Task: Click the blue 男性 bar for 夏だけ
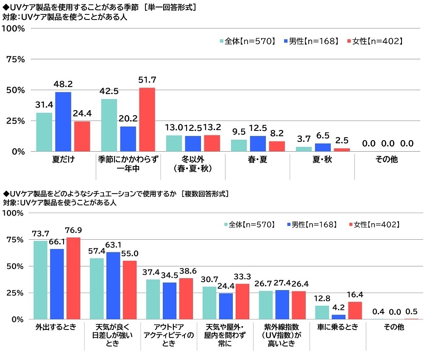click(63, 122)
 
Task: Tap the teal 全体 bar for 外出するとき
click(41, 280)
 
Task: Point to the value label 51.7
click(147, 80)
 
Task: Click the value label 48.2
click(63, 84)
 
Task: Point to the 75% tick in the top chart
click(16, 60)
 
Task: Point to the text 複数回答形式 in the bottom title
click(205, 194)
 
